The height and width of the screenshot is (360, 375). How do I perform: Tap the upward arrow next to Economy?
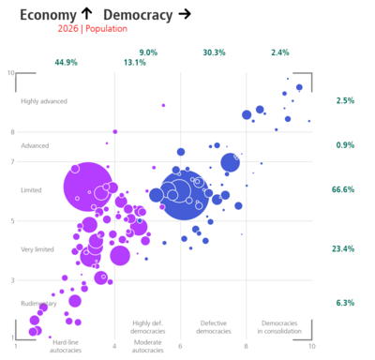(87, 14)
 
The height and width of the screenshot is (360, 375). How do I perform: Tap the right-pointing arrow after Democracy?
(185, 14)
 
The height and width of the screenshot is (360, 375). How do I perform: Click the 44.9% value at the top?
(66, 63)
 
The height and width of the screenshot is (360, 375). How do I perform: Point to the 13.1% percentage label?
(134, 63)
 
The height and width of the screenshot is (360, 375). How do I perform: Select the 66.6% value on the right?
(343, 190)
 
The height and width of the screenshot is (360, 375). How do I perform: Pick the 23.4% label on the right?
(343, 249)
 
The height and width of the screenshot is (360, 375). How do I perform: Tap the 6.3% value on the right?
(344, 303)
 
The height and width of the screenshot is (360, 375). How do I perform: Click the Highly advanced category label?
(44, 101)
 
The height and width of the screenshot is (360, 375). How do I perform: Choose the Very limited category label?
(37, 249)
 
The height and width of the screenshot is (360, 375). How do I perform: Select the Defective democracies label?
(213, 328)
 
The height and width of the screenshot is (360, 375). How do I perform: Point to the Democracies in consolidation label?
(279, 328)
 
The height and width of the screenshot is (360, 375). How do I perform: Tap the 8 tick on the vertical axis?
(11, 132)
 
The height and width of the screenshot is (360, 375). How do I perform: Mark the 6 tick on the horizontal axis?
(180, 348)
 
